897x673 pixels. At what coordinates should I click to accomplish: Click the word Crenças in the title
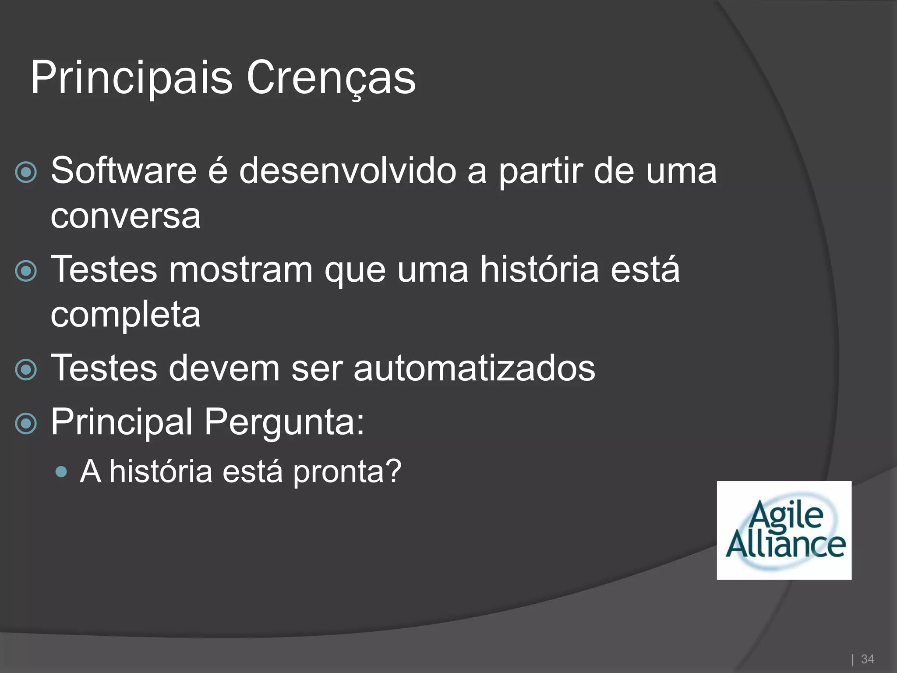pos(331,78)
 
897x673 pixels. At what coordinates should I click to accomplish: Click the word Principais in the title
pos(131,78)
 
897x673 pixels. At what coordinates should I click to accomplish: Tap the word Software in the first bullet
pos(124,170)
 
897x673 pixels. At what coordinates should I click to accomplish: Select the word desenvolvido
pos(348,170)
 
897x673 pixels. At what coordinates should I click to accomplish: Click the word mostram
pos(240,269)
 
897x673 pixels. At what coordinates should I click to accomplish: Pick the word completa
pos(126,315)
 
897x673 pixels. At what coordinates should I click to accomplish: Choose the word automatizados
pos(474,368)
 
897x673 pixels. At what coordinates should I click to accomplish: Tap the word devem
pos(224,368)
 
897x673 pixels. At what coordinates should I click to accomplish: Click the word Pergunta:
pos(284,422)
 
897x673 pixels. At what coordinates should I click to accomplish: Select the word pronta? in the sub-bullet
pos(347,472)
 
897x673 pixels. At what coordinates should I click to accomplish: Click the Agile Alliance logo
pos(784,530)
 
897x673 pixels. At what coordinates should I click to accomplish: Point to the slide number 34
pos(867,659)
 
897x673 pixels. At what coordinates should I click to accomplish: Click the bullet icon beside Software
pos(26,172)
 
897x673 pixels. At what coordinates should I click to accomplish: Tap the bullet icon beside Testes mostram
pos(26,271)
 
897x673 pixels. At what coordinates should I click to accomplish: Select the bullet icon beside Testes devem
pos(26,369)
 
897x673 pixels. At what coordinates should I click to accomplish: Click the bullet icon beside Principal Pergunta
pos(26,423)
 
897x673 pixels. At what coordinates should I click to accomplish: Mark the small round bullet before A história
pos(62,472)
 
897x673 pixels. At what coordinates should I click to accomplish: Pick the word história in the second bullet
pos(540,269)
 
